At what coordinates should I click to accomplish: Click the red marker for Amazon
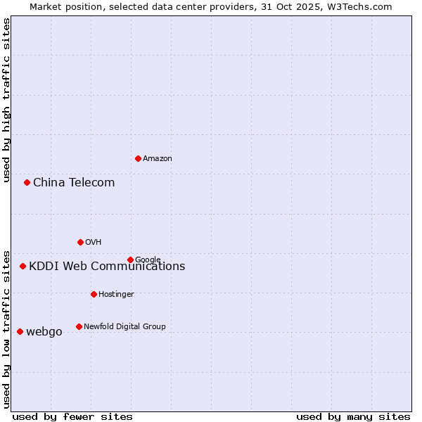(138, 158)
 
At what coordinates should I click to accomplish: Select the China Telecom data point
(27, 182)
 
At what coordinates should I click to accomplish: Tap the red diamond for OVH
(80, 242)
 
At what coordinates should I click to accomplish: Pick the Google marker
(130, 260)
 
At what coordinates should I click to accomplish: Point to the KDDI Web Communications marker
(23, 266)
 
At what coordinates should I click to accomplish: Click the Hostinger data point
(94, 294)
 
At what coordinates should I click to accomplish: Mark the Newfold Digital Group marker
(79, 326)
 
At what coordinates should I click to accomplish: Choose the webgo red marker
(20, 331)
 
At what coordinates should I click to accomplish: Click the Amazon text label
(158, 159)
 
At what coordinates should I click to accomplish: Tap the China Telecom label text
(74, 183)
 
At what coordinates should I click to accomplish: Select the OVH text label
(94, 243)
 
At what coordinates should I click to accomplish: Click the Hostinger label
(116, 295)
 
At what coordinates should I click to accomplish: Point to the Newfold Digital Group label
(124, 327)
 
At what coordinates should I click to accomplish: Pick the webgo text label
(44, 332)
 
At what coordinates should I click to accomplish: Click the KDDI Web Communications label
(107, 267)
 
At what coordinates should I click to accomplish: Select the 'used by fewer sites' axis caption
(72, 417)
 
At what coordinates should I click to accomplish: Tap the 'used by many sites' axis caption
(353, 417)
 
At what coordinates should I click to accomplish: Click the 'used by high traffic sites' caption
(7, 100)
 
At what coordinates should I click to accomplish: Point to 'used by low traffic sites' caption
(7, 328)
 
